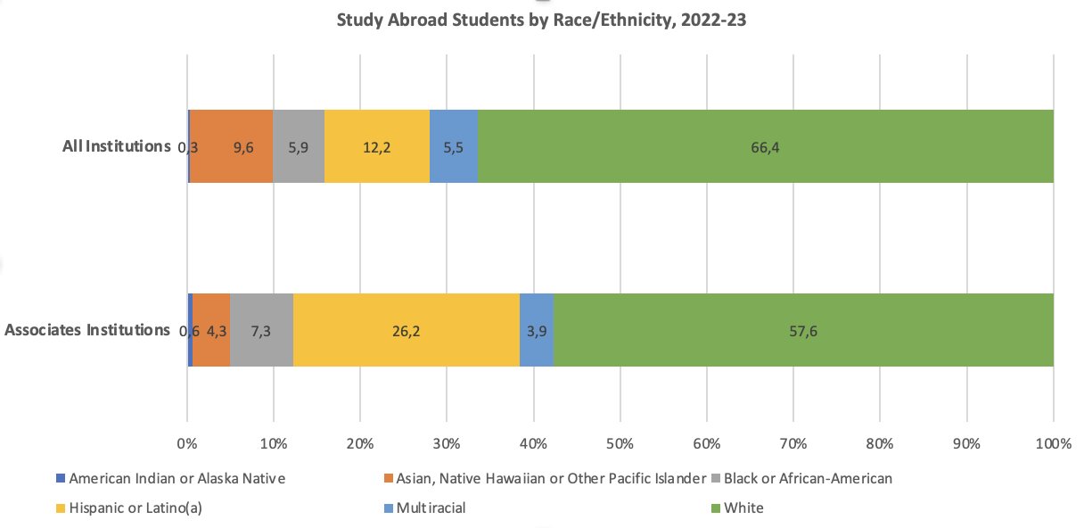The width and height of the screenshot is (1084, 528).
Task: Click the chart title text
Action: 541,20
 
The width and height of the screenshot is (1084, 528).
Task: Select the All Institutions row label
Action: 116,145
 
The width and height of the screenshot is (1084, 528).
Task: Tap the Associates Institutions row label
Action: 87,330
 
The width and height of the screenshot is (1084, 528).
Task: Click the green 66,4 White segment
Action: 765,146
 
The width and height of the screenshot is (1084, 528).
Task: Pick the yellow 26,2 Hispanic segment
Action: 406,330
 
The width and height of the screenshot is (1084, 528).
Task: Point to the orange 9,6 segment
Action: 232,146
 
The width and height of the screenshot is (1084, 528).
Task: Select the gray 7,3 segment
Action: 261,330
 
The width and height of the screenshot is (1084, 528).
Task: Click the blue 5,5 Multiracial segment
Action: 453,146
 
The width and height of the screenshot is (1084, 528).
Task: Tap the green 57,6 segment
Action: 802,330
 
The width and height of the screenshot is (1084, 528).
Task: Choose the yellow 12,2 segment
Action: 376,146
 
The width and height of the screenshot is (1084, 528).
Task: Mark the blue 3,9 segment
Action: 536,330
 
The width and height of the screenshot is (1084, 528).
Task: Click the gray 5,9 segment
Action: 298,146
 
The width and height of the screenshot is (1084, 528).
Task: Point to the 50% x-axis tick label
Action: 620,443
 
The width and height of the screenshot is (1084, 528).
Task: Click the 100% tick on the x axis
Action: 1053,443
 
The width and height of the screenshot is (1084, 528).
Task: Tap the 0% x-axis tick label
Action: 186,443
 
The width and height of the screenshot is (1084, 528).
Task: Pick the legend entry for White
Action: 743,508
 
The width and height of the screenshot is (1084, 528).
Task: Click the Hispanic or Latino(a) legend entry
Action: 130,508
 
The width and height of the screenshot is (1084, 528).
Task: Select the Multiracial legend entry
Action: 431,508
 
